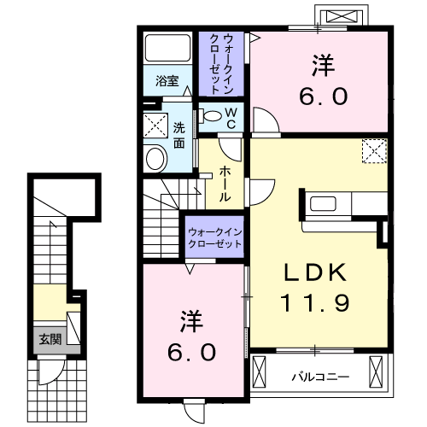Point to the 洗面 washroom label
click(x=179, y=137)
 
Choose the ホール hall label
click(x=225, y=182)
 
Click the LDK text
click(x=314, y=272)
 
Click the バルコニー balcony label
click(x=314, y=374)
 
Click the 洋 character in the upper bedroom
click(x=322, y=64)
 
